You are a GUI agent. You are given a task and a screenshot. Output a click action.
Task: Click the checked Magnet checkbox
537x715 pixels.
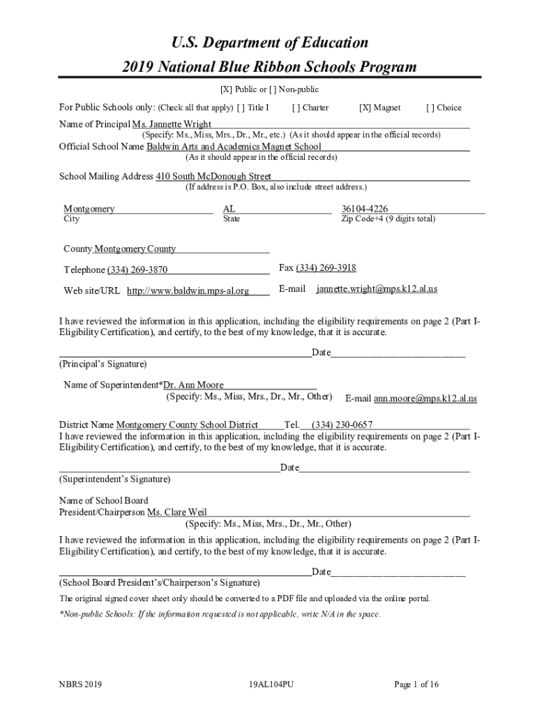click(364, 108)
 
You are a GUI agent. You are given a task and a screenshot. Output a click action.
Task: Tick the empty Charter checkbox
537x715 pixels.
click(296, 108)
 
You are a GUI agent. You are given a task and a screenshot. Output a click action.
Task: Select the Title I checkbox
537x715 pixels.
click(241, 108)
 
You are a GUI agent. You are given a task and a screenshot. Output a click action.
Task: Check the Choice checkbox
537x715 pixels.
click(430, 108)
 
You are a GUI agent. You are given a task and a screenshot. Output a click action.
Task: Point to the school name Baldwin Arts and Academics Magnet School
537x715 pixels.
click(234, 147)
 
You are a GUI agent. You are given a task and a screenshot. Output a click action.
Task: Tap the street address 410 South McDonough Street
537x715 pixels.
click(213, 177)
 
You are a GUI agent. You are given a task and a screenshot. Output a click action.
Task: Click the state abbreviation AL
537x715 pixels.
click(229, 209)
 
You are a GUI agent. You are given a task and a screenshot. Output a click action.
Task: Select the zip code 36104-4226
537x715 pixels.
click(365, 209)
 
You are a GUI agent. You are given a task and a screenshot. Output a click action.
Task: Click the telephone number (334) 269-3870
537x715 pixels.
click(137, 270)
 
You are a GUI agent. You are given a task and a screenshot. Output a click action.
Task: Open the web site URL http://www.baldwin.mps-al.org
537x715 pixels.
click(188, 291)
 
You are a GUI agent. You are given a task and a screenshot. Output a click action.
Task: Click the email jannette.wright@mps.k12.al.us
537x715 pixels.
click(377, 288)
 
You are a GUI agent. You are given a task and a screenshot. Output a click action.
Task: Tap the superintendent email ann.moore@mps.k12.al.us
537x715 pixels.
click(425, 399)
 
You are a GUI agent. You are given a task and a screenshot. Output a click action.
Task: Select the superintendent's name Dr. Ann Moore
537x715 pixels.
click(193, 385)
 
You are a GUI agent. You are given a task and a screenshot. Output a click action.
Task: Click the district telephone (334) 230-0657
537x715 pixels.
click(342, 425)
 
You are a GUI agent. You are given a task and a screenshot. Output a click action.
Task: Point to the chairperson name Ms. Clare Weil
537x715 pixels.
click(176, 513)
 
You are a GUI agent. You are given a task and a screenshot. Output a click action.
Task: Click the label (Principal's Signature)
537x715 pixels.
click(103, 364)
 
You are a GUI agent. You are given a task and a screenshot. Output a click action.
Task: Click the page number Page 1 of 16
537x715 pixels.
click(416, 685)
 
